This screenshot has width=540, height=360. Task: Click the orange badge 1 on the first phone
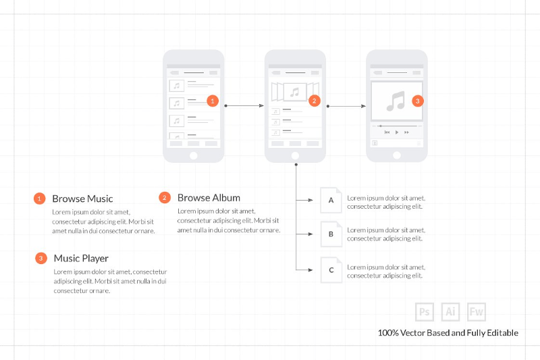213,101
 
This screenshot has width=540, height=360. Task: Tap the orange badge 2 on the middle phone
314,101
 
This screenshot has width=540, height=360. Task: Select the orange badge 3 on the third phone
418,101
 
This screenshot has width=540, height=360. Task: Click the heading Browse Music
82,199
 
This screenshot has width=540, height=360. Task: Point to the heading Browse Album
209,198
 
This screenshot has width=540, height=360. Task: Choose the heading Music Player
81,259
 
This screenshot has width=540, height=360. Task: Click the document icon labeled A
331,200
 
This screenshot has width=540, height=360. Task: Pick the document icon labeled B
331,234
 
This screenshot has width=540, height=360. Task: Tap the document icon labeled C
331,270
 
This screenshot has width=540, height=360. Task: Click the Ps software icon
425,312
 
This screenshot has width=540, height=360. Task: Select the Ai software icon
450,312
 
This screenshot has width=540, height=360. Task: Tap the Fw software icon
477,312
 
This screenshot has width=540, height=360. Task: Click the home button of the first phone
194,156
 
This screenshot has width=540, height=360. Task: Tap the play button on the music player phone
397,132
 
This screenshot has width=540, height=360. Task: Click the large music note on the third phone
396,101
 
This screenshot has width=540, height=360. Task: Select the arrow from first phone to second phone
244,106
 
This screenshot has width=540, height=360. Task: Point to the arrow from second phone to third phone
346,106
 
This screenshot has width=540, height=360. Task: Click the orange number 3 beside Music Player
41,259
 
